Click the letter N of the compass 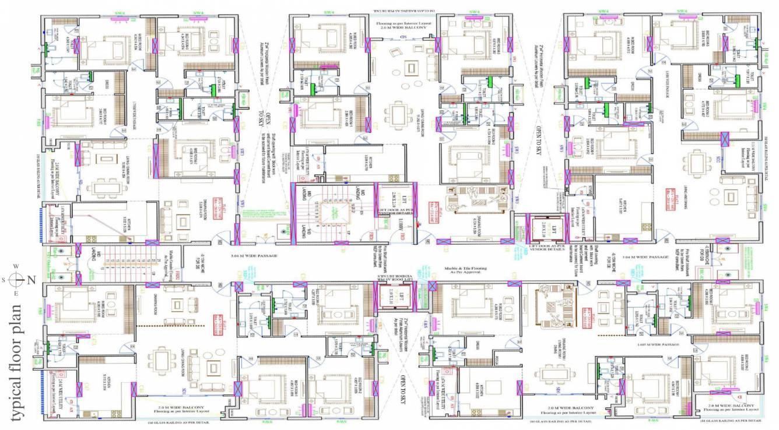(31, 280)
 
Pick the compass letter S (5, 280)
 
